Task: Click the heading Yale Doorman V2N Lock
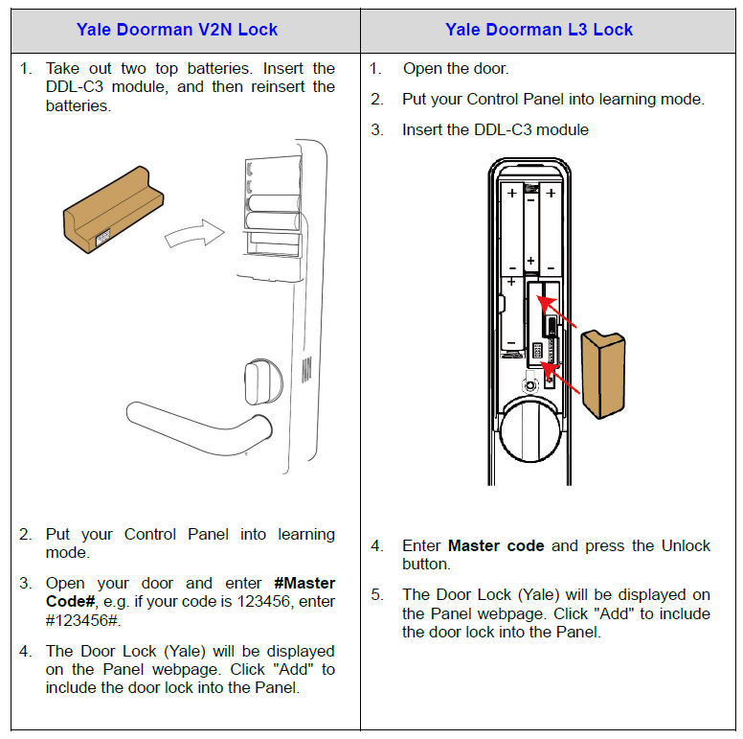[177, 30]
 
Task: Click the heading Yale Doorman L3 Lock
[539, 30]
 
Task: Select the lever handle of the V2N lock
[191, 422]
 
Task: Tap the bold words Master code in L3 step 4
[496, 546]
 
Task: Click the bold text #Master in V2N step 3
[304, 583]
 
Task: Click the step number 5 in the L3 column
[376, 595]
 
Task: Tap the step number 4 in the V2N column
[26, 652]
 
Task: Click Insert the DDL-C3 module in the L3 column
[495, 129]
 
